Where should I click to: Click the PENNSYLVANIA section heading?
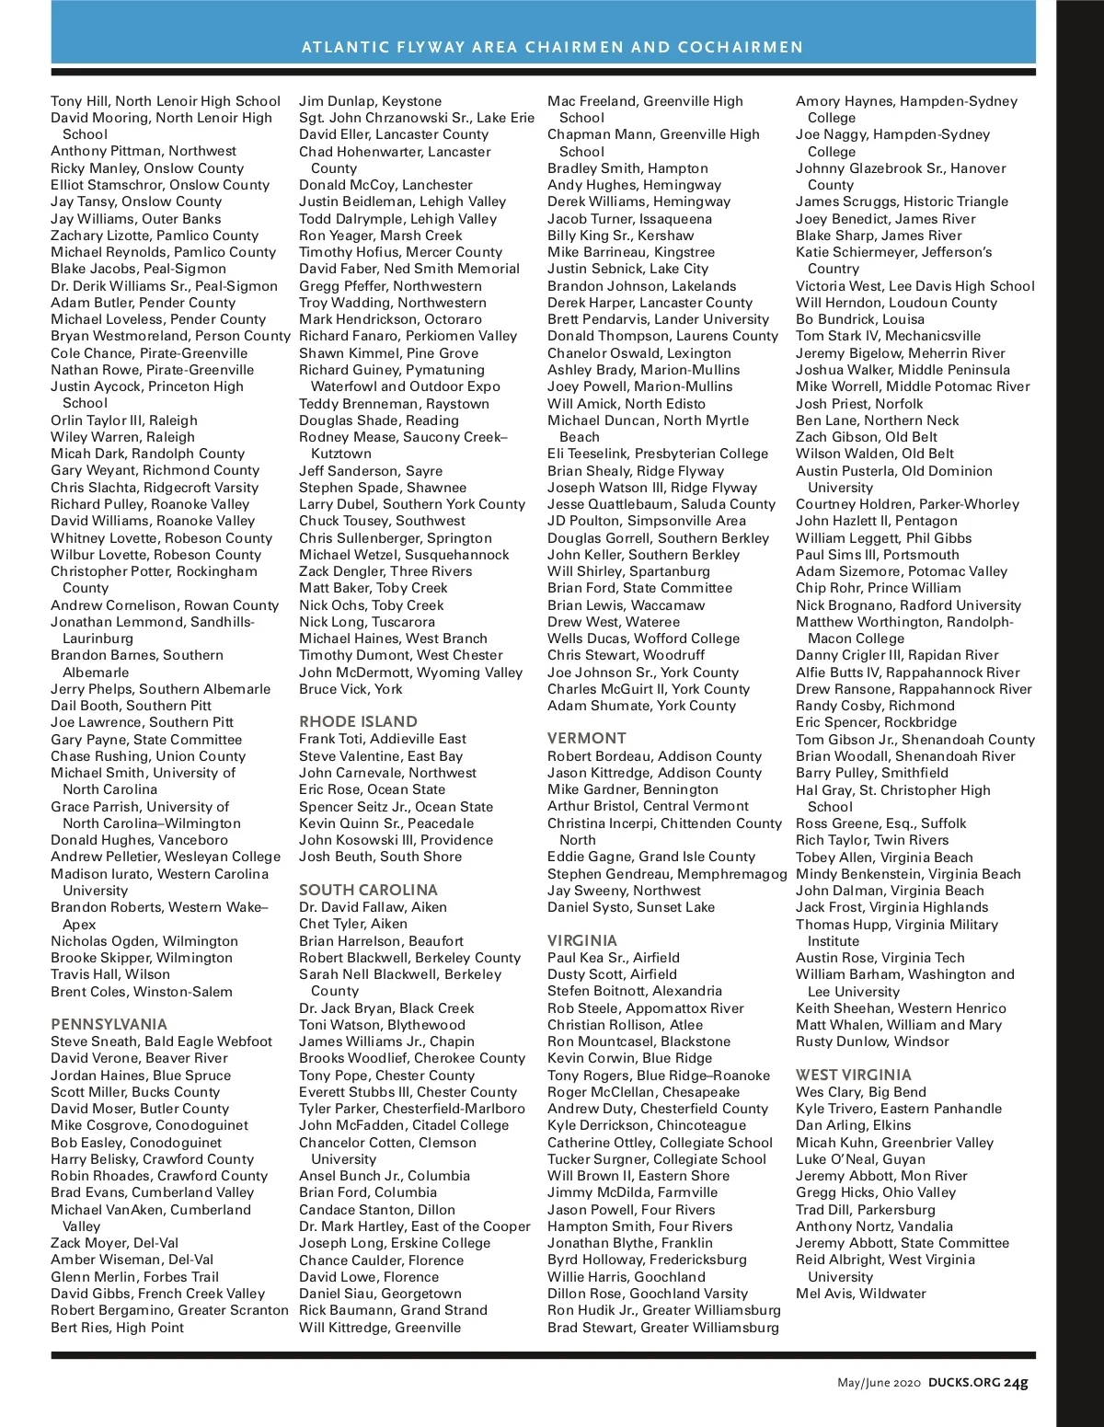(109, 1024)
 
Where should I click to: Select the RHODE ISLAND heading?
(358, 721)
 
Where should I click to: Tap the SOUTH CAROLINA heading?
(368, 890)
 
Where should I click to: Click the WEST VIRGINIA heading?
(853, 1075)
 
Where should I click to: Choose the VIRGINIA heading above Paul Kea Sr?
(581, 940)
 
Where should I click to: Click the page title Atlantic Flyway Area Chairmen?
(552, 47)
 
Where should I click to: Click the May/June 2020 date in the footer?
(879, 1382)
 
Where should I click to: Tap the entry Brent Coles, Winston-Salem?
(142, 992)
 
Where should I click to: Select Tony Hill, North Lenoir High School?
(166, 101)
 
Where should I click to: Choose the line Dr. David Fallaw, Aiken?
(373, 907)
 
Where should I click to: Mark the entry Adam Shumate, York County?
(641, 706)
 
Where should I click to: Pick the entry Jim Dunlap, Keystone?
(370, 101)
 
